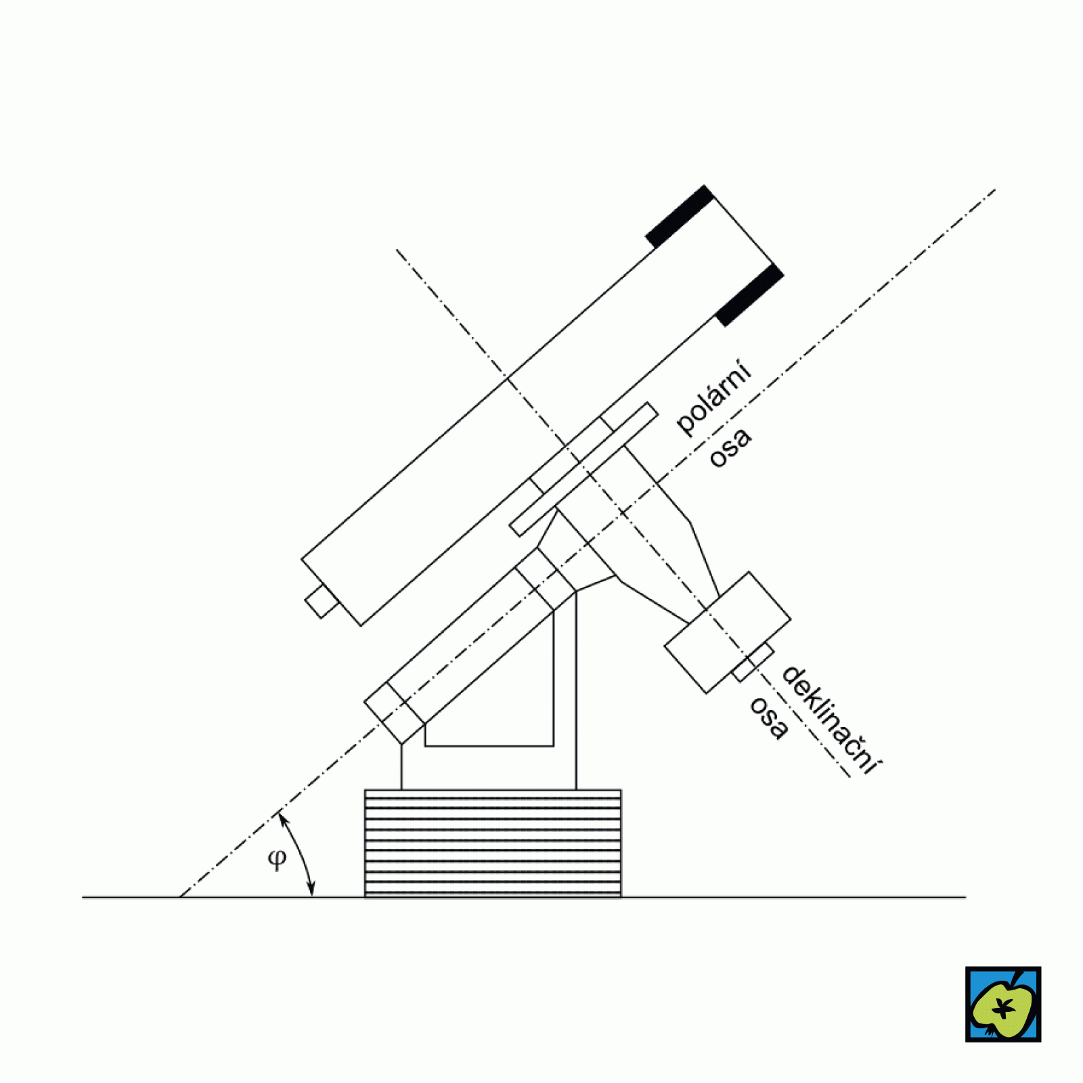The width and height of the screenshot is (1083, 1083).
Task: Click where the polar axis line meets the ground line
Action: (x=180, y=897)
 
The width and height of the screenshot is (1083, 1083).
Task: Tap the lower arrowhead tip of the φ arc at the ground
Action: (x=312, y=896)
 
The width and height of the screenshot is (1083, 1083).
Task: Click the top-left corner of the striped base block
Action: (x=365, y=790)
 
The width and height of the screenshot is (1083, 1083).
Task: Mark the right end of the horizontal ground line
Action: (x=965, y=897)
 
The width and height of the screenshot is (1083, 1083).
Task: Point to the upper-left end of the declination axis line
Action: (x=397, y=250)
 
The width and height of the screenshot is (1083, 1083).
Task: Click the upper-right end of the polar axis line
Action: (x=995, y=190)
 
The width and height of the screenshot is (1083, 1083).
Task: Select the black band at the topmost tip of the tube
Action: (x=680, y=216)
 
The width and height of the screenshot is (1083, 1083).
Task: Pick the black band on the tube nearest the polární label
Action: (x=749, y=295)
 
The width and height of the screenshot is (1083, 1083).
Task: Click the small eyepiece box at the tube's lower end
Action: (x=322, y=601)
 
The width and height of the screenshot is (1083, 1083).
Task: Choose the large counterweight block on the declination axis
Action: (x=728, y=632)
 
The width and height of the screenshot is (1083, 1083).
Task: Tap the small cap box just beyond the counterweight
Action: (x=753, y=662)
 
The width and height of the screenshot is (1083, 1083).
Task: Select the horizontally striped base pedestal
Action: (x=493, y=843)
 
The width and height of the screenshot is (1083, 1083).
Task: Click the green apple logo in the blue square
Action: (x=1003, y=1004)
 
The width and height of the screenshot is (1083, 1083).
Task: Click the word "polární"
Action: (x=713, y=397)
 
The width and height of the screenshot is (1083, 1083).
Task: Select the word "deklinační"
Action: (x=831, y=720)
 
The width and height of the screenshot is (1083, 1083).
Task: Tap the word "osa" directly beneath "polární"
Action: (x=730, y=447)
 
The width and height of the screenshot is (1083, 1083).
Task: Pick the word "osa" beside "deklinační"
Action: (x=769, y=718)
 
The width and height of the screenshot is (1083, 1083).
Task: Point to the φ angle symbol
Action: (x=278, y=859)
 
